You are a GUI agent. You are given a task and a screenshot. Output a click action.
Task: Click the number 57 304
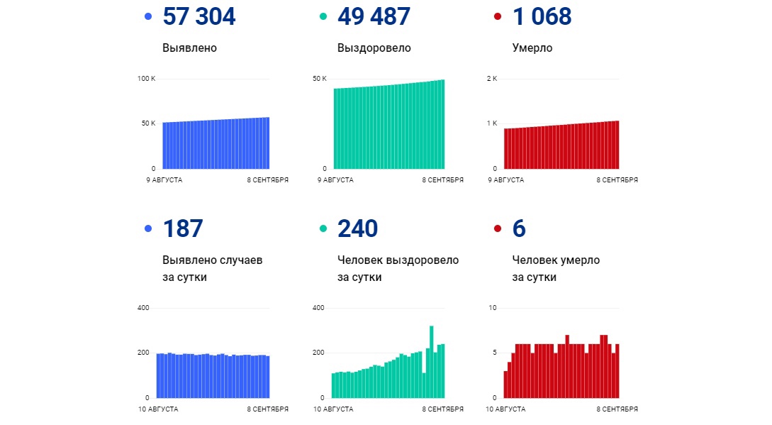tap(198, 16)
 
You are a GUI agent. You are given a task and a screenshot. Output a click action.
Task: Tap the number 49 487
tap(374, 16)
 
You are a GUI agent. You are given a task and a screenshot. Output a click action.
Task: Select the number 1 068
tap(542, 16)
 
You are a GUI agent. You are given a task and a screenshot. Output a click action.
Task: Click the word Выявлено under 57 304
tap(189, 48)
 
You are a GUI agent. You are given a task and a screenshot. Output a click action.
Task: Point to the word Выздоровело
tap(374, 48)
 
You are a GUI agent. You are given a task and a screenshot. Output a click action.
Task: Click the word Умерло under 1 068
tap(532, 48)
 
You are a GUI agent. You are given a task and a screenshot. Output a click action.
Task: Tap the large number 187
tap(183, 228)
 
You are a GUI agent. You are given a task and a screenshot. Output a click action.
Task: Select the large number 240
tap(358, 228)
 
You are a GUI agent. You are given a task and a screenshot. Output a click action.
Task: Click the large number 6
tap(519, 228)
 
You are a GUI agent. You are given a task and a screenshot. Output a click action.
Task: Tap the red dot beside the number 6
tap(497, 228)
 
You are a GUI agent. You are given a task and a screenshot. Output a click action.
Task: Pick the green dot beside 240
tap(323, 228)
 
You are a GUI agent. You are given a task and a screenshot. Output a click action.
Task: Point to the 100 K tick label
tap(146, 78)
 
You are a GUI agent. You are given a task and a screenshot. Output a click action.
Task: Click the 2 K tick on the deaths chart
tap(492, 78)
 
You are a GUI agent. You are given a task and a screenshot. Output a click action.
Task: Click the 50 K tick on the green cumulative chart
tap(320, 78)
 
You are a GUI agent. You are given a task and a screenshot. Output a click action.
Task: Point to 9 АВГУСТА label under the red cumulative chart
tap(506, 180)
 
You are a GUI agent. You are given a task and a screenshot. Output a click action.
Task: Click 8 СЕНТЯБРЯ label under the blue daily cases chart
tap(268, 409)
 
